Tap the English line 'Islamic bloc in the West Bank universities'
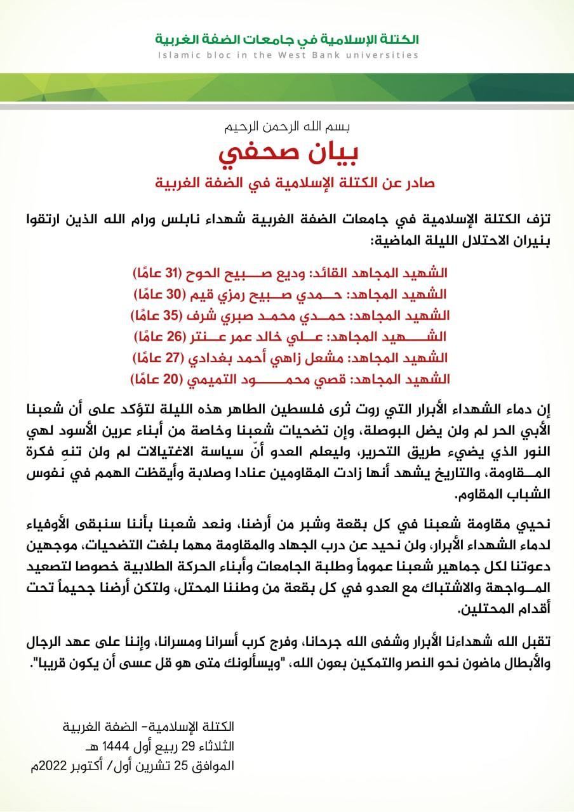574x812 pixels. click(286, 55)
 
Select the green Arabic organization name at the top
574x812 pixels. click(286, 39)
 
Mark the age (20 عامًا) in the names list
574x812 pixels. click(155, 380)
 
